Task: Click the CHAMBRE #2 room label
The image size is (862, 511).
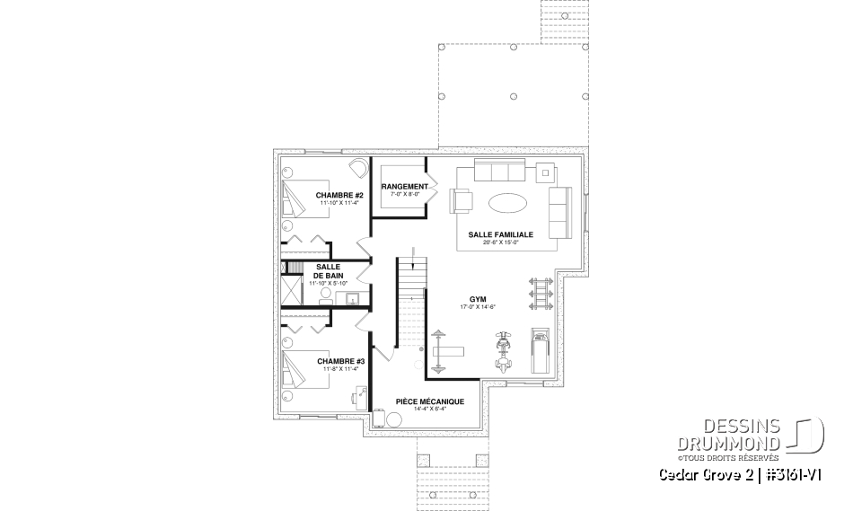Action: click(x=338, y=195)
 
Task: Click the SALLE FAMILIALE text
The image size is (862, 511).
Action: click(x=500, y=233)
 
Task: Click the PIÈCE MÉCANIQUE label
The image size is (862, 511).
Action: click(x=430, y=401)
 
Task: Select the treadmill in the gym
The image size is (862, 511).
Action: click(x=541, y=349)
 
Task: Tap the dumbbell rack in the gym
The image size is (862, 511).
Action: click(x=540, y=292)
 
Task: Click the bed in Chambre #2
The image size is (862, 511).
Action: click(x=296, y=198)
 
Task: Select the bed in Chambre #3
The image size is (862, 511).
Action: click(x=296, y=369)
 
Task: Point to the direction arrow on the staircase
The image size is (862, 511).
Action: click(x=411, y=263)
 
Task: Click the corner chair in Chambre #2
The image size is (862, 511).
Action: click(x=357, y=169)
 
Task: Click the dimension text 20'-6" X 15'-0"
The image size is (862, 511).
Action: click(x=500, y=242)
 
